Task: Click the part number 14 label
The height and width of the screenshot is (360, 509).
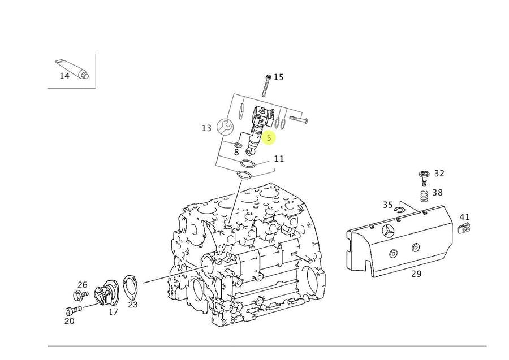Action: click(x=64, y=76)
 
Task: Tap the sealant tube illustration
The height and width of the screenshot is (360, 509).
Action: click(x=72, y=69)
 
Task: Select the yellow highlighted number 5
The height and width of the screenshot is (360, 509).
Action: click(x=269, y=137)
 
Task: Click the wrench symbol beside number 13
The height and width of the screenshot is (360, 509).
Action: click(x=225, y=127)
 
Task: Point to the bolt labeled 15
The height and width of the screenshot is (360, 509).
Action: click(x=266, y=85)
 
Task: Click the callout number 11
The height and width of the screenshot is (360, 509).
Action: click(x=279, y=159)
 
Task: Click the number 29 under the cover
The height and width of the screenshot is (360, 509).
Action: click(x=416, y=274)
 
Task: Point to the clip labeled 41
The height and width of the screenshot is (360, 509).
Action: click(x=465, y=228)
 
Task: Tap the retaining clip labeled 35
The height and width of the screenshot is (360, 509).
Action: click(x=399, y=210)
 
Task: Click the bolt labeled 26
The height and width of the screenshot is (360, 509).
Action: click(x=80, y=295)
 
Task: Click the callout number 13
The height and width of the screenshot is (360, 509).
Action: click(x=206, y=128)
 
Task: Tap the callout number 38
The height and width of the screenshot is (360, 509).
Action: click(x=438, y=193)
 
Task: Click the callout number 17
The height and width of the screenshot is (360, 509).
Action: click(x=113, y=312)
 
